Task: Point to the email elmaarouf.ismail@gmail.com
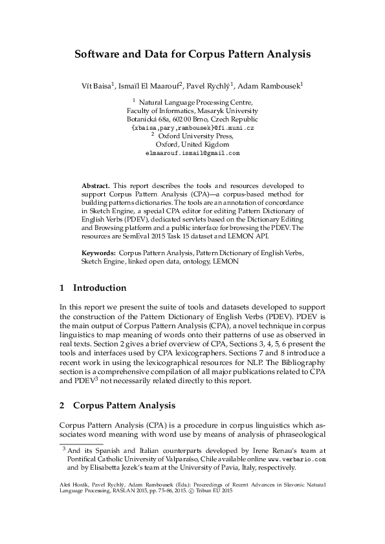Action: pyautogui.click(x=193, y=154)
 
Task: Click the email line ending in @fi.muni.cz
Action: pyautogui.click(x=193, y=129)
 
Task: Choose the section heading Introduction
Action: pyautogui.click(x=99, y=288)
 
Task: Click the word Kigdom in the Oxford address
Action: pyautogui.click(x=217, y=145)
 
